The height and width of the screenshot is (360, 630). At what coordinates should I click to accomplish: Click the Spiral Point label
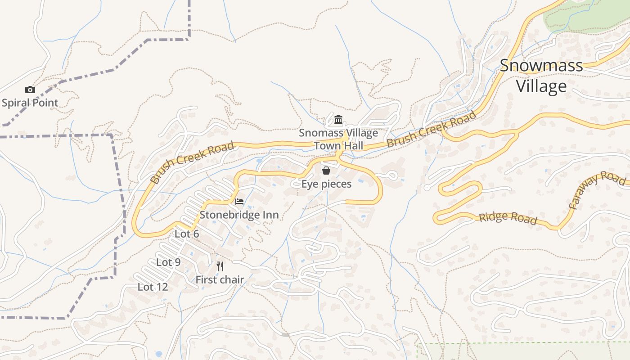coord(30,103)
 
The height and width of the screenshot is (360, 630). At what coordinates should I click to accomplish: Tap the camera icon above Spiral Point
coord(30,90)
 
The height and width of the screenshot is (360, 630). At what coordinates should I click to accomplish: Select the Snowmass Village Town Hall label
coord(338,139)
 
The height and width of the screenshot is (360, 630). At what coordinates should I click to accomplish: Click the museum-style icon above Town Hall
coord(338,120)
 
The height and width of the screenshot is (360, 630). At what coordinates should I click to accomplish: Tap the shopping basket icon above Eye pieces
coord(326,171)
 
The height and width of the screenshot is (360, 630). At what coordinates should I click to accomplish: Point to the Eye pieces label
coord(326,184)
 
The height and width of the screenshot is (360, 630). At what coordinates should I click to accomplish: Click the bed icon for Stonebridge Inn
coord(239,201)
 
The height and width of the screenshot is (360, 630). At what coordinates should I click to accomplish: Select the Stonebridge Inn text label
coord(239,215)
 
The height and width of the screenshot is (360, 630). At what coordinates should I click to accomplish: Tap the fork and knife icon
coord(220,266)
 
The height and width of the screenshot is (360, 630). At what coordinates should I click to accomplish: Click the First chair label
coord(220,279)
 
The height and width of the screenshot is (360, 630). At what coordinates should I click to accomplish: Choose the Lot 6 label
coord(187,234)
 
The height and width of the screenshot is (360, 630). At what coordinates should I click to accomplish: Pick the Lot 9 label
coord(168,262)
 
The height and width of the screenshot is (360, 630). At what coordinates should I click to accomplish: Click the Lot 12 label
coord(153,287)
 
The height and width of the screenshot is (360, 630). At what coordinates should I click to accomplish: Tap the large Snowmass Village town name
coord(541,75)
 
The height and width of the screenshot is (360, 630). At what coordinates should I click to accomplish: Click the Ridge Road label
coord(508,218)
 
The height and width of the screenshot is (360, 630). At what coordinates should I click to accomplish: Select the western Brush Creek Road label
coord(192,162)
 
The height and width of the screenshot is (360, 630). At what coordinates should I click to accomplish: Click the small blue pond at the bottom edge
coord(158,354)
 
